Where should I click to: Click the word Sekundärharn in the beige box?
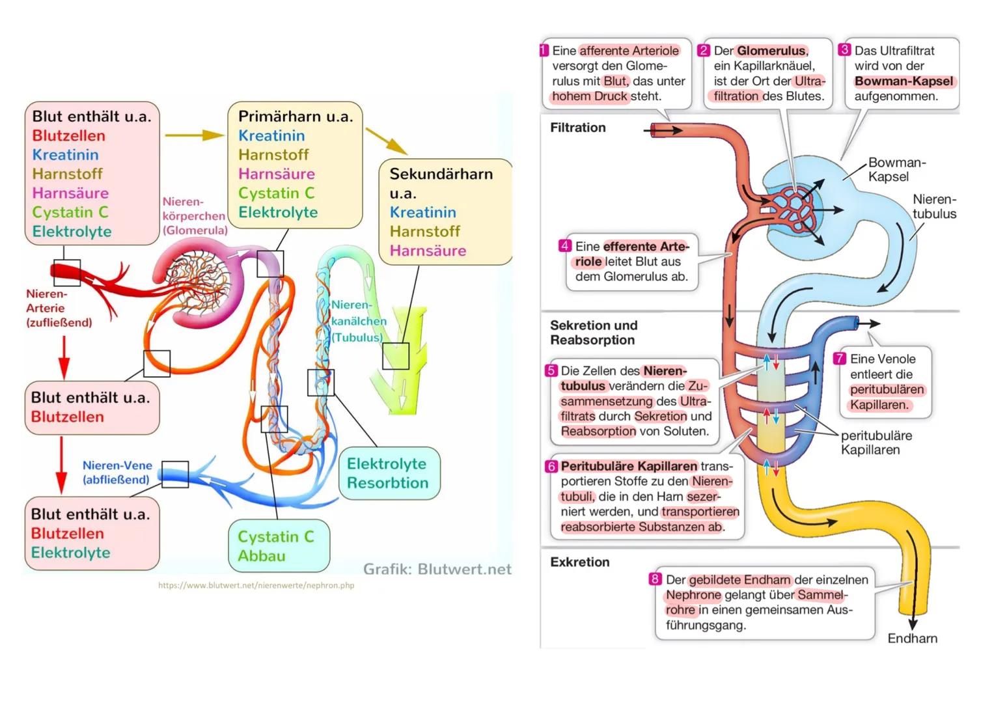(441, 174)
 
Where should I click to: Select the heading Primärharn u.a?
(295, 117)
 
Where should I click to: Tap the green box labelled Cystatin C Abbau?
(279, 546)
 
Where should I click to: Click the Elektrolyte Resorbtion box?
(388, 473)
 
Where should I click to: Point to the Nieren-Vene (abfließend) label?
(117, 473)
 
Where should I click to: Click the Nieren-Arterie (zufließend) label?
(59, 308)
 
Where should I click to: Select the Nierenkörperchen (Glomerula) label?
(194, 216)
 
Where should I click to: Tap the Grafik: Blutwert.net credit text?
(437, 570)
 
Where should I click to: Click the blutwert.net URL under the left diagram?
(256, 585)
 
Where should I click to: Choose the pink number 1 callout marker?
(545, 50)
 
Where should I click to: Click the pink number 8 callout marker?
(655, 579)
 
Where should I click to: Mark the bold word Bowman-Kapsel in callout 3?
(904, 81)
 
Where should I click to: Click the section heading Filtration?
(577, 128)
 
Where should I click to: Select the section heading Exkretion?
(579, 562)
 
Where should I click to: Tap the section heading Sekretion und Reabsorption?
(593, 333)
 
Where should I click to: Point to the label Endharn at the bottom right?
(912, 639)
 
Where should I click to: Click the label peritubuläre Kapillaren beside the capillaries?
(876, 443)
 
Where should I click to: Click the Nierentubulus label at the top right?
(934, 206)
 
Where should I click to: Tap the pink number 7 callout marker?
(840, 359)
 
